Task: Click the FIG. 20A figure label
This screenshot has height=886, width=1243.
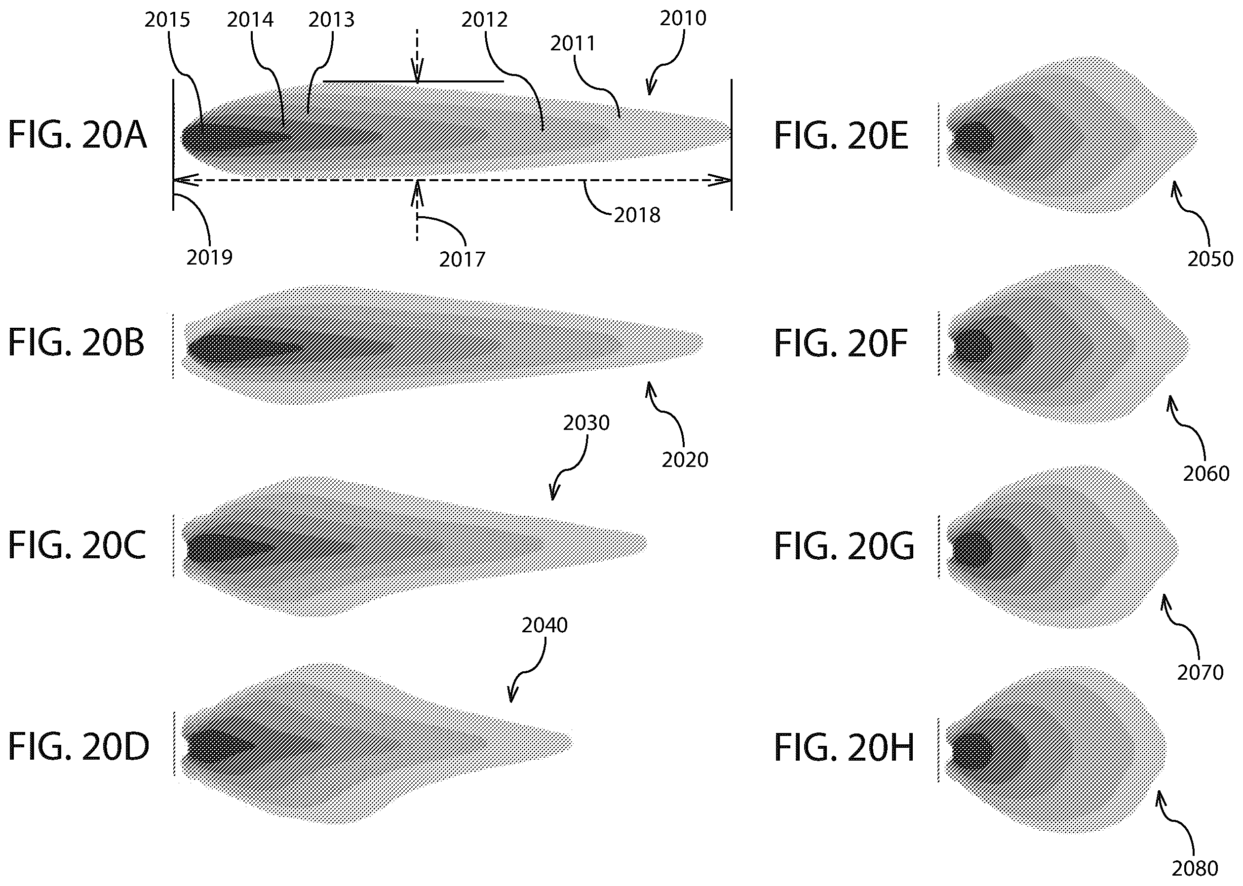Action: (x=78, y=135)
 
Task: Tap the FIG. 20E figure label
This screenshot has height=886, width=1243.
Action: (x=841, y=136)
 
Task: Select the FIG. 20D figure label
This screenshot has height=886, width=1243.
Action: (x=78, y=747)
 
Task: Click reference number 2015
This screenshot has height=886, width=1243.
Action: (x=167, y=20)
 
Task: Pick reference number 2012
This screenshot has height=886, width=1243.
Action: (x=485, y=20)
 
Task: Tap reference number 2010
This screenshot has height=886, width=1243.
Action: (x=683, y=19)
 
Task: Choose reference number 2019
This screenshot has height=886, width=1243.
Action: (x=209, y=258)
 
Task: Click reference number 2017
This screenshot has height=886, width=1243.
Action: (x=462, y=260)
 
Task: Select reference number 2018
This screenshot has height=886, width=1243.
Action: (x=637, y=216)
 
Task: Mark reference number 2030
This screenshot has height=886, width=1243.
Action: (x=586, y=423)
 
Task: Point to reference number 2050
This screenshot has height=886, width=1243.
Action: (x=1210, y=259)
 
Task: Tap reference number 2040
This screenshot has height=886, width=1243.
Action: (x=544, y=625)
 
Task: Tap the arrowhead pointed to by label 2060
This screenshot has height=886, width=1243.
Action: (x=1171, y=403)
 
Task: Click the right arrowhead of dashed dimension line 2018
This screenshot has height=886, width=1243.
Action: (x=721, y=180)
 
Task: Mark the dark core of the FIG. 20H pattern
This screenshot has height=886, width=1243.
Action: (x=973, y=749)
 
